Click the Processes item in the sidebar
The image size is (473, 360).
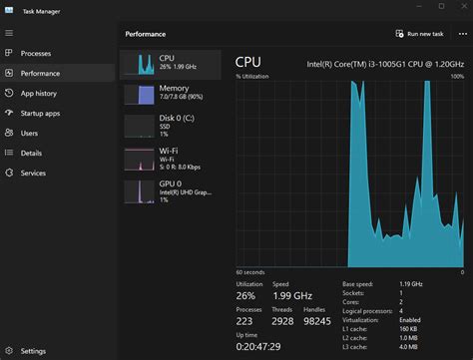(35, 53)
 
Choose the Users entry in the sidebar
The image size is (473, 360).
(29, 133)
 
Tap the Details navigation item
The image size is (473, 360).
(31, 153)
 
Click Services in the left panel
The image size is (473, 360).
(33, 173)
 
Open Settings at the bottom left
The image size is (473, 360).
(33, 351)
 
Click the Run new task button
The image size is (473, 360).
(419, 34)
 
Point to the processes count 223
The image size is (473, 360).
(245, 320)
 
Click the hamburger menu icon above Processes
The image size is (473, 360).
(9, 33)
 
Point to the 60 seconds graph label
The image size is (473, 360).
(249, 271)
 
